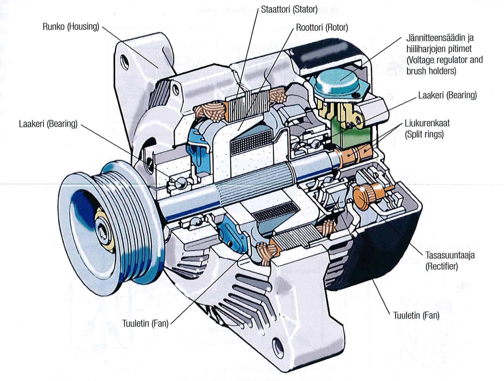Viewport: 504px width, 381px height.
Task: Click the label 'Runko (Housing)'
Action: (x=71, y=27)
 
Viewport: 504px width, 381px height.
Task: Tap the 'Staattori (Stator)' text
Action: (x=289, y=10)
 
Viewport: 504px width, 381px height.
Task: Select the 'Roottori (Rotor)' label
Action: (x=322, y=28)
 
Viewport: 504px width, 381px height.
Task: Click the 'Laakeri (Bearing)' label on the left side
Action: (x=48, y=123)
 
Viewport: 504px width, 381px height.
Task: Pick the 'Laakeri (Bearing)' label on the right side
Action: (x=447, y=95)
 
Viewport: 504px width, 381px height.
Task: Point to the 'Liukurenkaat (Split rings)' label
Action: (x=427, y=128)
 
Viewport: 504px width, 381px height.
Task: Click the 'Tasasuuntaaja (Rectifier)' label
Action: (x=450, y=260)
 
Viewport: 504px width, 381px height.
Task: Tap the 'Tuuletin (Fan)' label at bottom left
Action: (x=145, y=323)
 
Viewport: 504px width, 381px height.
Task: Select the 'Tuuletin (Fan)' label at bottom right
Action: (x=416, y=315)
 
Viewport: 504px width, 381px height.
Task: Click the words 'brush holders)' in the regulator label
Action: (x=431, y=71)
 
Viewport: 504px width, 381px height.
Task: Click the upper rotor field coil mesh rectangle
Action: (x=251, y=143)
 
